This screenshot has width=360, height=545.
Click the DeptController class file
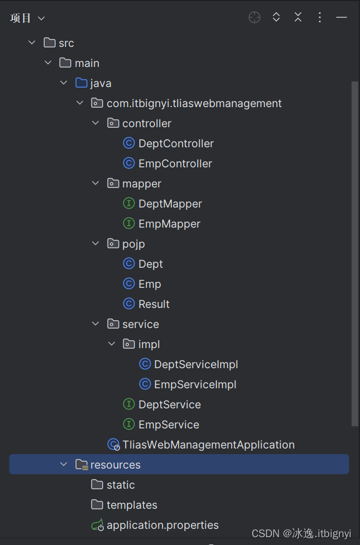pos(175,143)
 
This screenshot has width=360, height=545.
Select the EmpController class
pos(175,163)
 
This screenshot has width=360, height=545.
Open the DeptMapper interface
pos(170,204)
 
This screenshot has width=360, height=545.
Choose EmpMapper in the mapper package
pos(169,224)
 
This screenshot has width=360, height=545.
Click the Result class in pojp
pos(153,304)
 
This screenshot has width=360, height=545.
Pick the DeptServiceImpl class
pos(195,364)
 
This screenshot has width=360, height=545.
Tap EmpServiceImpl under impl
pos(195,384)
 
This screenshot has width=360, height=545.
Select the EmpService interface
pos(168,425)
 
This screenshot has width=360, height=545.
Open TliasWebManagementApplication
pos(208,445)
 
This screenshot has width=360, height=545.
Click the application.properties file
pos(162,525)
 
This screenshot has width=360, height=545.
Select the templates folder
pos(132,505)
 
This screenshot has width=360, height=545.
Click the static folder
pos(121,485)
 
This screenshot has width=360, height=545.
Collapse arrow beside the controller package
pos(95,123)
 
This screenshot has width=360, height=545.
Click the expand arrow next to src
pos(32,43)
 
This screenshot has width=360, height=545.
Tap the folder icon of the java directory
pos(81,83)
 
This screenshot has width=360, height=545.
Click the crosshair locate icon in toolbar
pos(255,17)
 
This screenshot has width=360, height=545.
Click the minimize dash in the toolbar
pos(342,17)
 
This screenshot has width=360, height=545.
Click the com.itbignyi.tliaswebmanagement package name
pos(194,103)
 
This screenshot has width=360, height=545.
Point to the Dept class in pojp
pos(150,264)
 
